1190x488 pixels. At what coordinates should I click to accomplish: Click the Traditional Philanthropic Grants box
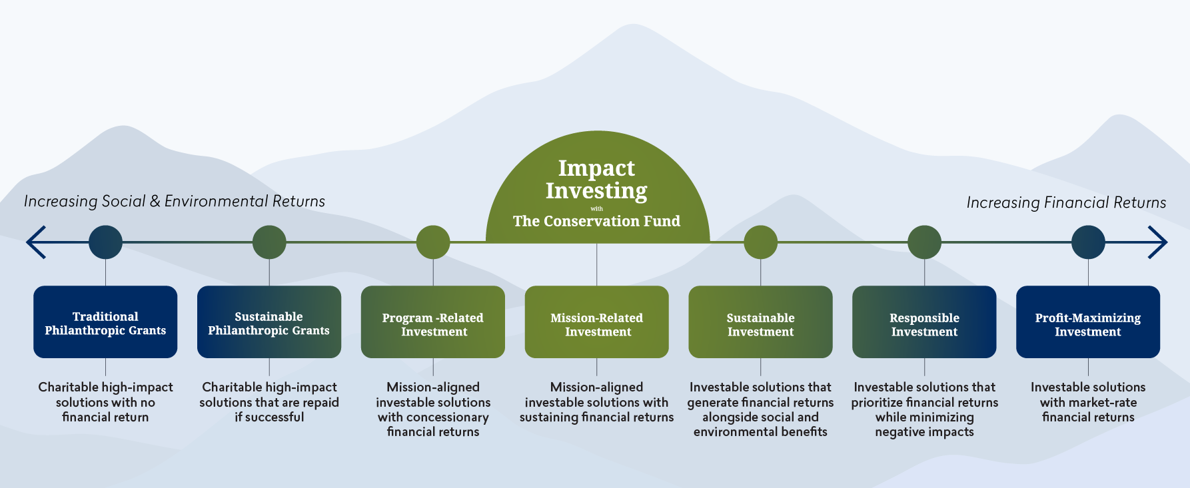[x=105, y=322]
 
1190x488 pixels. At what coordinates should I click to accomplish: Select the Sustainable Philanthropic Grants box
[x=269, y=322]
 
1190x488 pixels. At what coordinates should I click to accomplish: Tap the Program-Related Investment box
[x=433, y=322]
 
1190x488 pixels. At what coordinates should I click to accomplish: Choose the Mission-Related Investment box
[x=597, y=322]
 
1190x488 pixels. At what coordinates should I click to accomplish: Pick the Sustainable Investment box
[x=760, y=322]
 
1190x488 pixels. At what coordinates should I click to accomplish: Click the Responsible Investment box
[x=924, y=322]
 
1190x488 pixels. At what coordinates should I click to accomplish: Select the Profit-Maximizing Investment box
[x=1088, y=322]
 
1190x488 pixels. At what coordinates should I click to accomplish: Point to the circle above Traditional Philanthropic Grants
[x=105, y=242]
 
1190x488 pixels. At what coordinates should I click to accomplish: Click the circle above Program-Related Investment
[x=433, y=242]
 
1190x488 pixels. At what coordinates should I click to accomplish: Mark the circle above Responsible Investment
[x=924, y=242]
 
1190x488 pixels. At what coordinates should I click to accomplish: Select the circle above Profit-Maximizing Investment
[x=1088, y=242]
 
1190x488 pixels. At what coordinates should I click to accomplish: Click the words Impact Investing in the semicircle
[x=597, y=179]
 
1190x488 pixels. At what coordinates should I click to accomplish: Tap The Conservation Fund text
[x=597, y=221]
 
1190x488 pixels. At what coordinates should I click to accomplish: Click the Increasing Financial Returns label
[x=1066, y=202]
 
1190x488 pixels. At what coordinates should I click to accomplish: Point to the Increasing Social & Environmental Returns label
[x=175, y=201]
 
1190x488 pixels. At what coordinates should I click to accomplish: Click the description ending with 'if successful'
[x=269, y=402]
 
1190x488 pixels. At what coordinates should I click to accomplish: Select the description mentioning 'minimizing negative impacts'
[x=924, y=409]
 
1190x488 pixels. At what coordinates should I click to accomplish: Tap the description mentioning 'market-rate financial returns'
[x=1088, y=402]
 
